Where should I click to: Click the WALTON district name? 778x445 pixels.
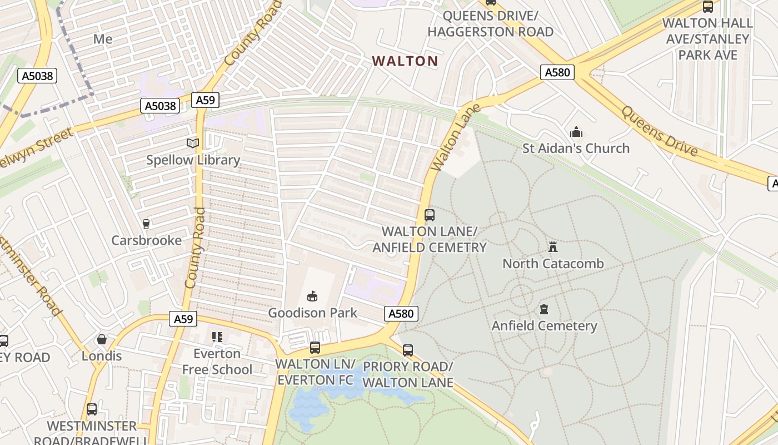tap(405, 61)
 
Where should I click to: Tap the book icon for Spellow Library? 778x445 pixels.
tap(193, 144)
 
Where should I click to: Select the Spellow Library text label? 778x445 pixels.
tap(193, 160)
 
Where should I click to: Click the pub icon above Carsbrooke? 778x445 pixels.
tap(146, 224)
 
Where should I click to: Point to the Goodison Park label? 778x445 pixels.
tap(313, 313)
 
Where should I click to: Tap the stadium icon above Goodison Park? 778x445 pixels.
tap(312, 296)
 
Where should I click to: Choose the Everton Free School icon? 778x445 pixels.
tap(217, 337)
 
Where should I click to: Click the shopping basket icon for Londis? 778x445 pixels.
tap(102, 339)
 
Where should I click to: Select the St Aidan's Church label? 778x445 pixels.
tap(576, 148)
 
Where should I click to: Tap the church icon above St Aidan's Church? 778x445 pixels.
tap(576, 132)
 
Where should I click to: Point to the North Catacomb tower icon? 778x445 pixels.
tap(553, 246)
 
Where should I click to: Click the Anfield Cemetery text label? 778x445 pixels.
tap(544, 325)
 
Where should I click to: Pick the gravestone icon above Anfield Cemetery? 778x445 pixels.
tap(544, 309)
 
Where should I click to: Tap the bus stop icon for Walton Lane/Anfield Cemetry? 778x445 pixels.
tap(429, 215)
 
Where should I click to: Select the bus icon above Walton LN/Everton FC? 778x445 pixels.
tap(315, 348)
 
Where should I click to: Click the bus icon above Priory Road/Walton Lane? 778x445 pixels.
tap(408, 350)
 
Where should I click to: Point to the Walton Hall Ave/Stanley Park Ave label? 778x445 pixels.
tap(707, 39)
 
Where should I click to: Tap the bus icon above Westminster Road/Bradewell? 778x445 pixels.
tap(92, 409)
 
